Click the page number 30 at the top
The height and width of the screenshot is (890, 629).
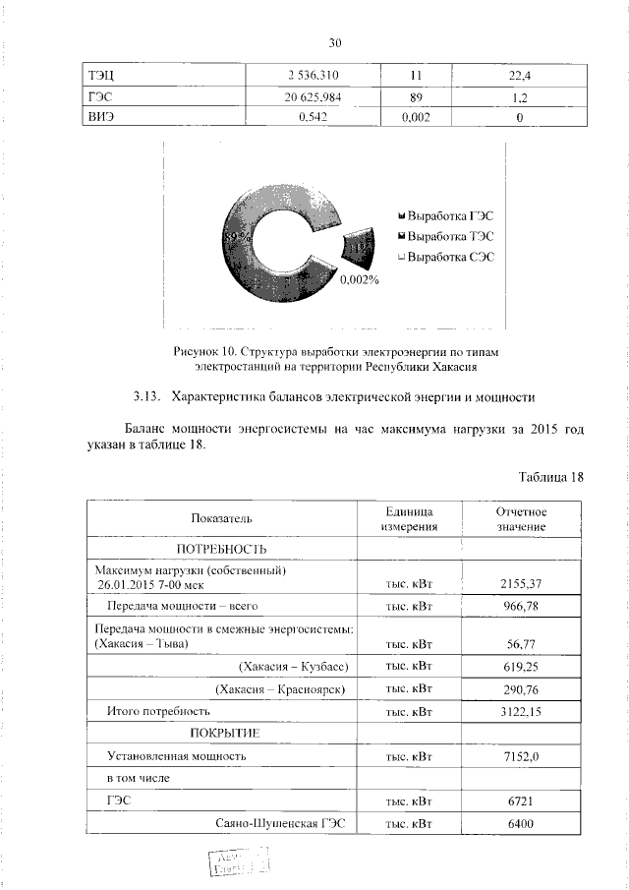334,43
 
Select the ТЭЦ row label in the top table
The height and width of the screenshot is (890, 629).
102,76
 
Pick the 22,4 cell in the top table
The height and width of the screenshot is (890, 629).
516,76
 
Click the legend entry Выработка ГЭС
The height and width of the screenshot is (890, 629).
444,214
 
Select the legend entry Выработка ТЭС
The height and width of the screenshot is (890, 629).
444,236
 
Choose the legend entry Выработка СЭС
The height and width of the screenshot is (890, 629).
444,257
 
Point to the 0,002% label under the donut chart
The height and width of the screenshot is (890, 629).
360,280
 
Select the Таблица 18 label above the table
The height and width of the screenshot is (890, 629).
551,477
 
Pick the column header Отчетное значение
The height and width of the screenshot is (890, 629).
521,519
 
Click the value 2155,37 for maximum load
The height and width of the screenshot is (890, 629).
521,583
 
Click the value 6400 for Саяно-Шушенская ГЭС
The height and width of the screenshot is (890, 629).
521,823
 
